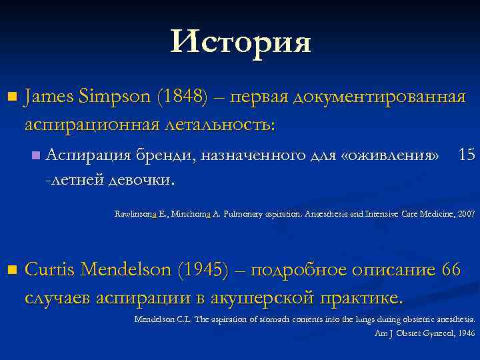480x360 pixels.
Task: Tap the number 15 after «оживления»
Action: (467, 155)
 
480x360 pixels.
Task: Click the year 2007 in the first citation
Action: (463, 215)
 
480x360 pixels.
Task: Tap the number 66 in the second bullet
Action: (451, 269)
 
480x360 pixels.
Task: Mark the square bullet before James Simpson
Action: (9, 98)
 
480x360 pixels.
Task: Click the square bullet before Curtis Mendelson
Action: (9, 270)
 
